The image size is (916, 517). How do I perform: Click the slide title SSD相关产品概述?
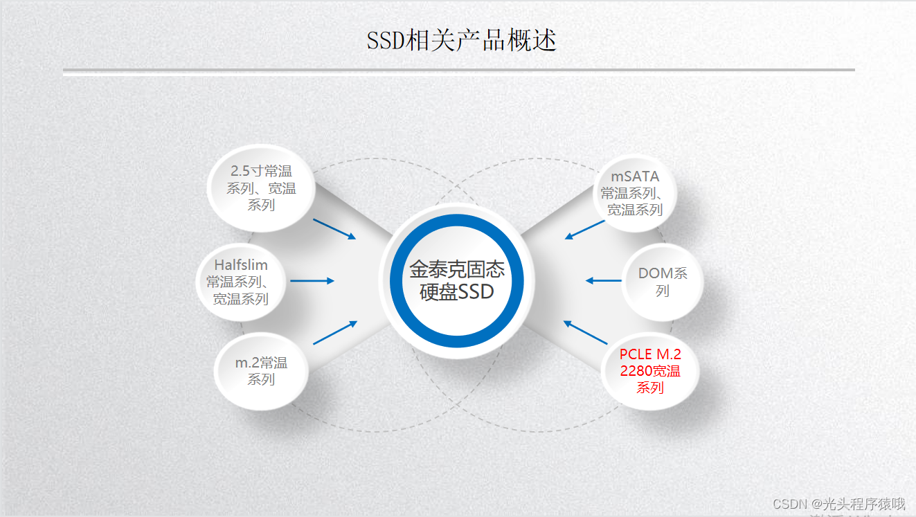point(461,41)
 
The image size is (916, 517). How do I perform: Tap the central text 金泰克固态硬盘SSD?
point(457,280)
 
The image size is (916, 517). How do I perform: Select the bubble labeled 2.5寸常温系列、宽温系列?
point(261,188)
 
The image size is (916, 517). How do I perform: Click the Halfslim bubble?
point(240,282)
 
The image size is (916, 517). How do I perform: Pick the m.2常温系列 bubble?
point(261,371)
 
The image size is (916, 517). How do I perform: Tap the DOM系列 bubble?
point(663,282)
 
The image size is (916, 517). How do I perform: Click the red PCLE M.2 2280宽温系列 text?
point(650,371)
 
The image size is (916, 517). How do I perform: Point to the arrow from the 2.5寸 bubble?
point(334,229)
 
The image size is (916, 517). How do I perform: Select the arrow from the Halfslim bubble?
point(312,281)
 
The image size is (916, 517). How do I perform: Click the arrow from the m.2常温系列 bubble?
point(335,333)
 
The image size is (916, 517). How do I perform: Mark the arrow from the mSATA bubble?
point(585,230)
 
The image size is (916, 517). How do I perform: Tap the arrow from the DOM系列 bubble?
point(604,281)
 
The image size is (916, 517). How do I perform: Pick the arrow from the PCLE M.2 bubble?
point(585,333)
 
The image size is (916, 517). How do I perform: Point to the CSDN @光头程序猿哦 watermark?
point(838,504)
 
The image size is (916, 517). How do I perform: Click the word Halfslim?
point(240,265)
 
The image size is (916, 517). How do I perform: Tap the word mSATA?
point(635,176)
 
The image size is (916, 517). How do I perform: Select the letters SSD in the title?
point(385,42)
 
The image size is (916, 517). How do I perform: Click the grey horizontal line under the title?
point(458,70)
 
